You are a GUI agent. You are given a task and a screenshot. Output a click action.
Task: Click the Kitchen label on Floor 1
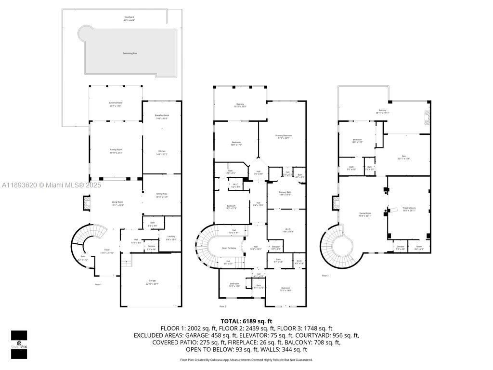[162, 153]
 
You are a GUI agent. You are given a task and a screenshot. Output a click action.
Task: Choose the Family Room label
[116, 151]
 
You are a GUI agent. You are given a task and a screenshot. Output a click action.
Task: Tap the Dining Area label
[161, 195]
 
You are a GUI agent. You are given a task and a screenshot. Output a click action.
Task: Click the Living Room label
[117, 203]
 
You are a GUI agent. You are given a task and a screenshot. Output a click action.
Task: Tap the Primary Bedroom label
[283, 137]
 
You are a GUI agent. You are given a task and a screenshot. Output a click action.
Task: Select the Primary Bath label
[285, 193]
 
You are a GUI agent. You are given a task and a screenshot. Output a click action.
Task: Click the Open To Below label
[229, 248]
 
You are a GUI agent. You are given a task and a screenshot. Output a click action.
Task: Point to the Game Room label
[365, 214]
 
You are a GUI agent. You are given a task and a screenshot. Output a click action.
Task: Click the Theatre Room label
[409, 209]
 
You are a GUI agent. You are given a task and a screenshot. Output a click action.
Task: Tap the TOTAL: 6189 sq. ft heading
[246, 321]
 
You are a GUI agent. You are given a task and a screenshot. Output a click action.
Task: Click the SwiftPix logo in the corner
[19, 344]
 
